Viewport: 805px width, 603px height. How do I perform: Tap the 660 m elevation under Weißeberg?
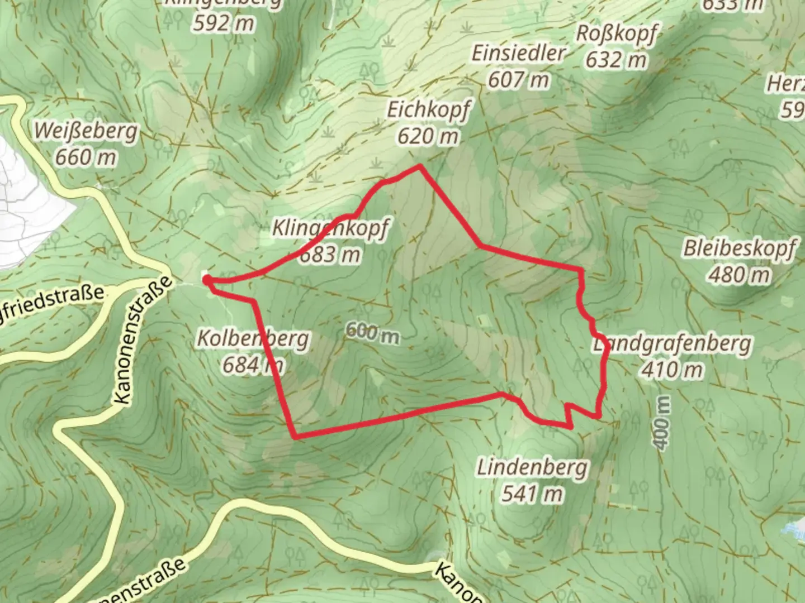86,157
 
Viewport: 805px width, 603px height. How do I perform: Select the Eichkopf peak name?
429,110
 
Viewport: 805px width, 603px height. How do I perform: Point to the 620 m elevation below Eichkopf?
428,136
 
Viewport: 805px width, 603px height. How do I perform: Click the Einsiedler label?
518,54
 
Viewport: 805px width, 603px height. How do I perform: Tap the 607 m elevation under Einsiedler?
518,80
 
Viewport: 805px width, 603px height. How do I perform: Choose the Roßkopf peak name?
615,33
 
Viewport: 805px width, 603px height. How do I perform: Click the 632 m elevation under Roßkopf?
615,59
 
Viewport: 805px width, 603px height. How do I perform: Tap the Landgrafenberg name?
672,343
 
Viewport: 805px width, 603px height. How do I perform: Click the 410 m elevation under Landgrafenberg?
672,369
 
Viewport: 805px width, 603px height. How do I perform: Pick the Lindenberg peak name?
532,467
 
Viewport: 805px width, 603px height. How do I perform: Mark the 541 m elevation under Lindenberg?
532,494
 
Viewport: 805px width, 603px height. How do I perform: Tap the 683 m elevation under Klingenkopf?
330,255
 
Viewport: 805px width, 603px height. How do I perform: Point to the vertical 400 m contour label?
662,423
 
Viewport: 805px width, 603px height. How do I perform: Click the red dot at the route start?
206,279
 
